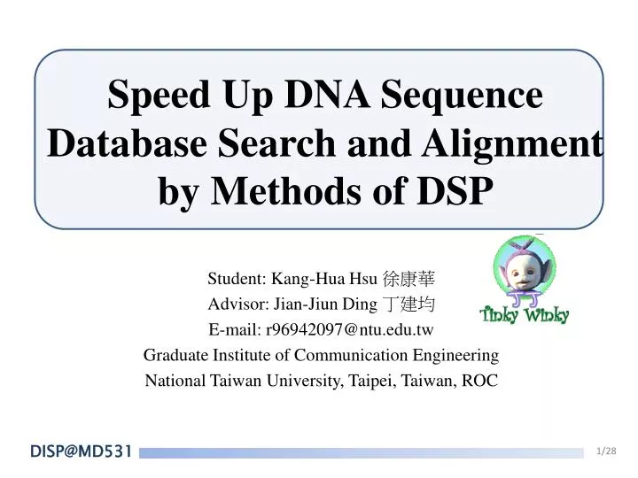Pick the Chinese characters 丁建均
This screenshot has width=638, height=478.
point(408,305)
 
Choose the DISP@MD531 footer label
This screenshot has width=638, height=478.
point(81,452)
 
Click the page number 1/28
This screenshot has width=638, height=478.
point(606,451)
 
